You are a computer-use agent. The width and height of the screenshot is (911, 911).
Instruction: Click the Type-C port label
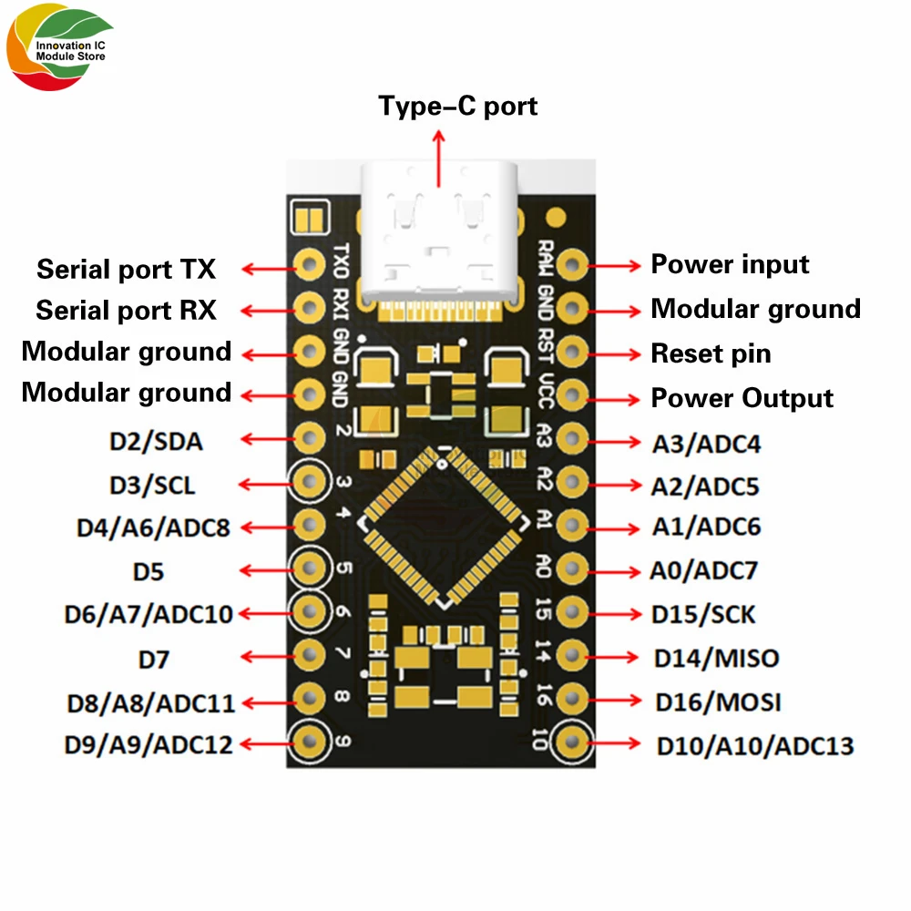coord(458,106)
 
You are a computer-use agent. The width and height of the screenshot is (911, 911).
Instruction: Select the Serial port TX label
coord(127,270)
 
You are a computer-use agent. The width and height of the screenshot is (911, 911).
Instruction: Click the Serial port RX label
coord(127,310)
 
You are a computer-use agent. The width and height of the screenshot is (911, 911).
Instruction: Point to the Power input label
coord(730,264)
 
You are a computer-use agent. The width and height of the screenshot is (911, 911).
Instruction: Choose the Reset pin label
coord(711,353)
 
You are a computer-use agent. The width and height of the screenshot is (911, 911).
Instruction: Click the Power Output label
coord(742,398)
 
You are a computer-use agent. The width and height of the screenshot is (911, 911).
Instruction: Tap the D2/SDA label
coord(156,442)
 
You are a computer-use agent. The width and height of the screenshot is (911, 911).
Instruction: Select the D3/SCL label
coord(152,485)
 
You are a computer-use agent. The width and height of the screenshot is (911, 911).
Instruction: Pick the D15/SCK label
coord(703,614)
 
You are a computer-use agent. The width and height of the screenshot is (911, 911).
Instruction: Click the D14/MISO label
coord(716,658)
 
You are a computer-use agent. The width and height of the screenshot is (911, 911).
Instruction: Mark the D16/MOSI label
coord(718,702)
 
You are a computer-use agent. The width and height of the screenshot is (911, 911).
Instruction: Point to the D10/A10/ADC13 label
coord(755,746)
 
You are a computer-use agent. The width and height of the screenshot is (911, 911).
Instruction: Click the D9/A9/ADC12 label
coord(148,744)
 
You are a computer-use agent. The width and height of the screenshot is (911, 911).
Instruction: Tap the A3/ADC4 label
coord(706,444)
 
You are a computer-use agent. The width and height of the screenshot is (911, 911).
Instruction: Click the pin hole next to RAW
coord(571,265)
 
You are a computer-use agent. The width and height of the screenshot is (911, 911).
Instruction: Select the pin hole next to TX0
coord(310,265)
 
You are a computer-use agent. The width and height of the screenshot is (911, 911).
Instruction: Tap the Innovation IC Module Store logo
coord(57,52)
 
